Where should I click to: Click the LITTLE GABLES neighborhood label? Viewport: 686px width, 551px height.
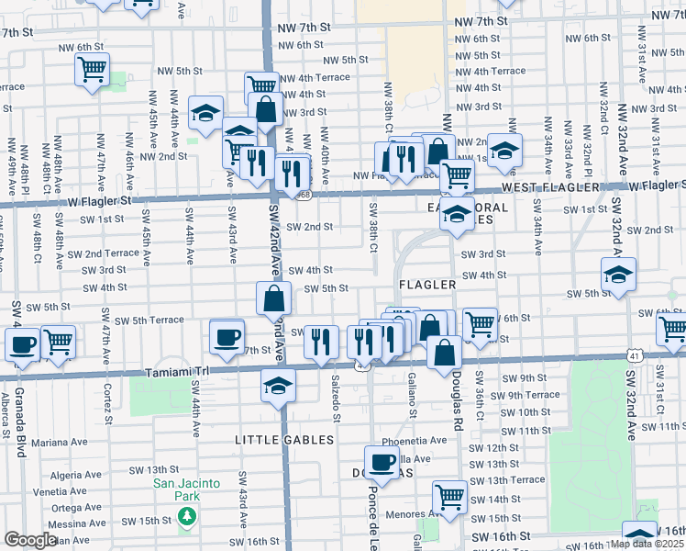tap(284, 440)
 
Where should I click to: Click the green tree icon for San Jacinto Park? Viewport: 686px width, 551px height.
tap(188, 516)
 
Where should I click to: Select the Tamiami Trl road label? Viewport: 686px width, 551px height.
tap(178, 373)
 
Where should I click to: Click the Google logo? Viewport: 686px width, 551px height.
tap(30, 540)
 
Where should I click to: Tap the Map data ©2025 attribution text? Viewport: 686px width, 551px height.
tap(647, 544)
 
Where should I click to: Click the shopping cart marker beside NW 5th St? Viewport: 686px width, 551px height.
tap(92, 70)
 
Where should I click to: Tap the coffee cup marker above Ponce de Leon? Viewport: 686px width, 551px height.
tap(382, 462)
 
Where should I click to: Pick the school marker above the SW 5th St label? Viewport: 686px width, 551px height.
tap(619, 274)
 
